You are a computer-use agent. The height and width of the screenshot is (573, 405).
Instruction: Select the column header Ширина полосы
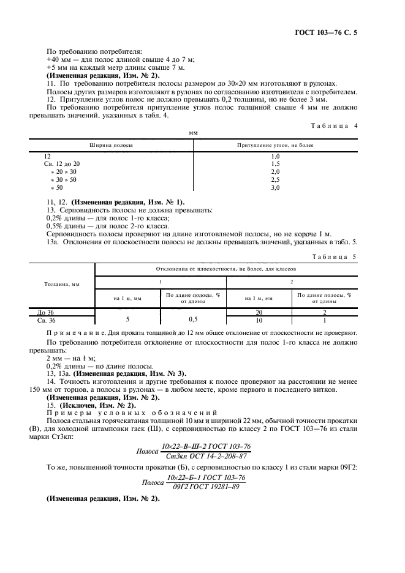tap(112, 145)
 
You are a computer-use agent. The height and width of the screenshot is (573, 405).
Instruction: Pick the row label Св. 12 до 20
tap(61, 164)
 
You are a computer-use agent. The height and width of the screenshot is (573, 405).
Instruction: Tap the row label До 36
tap(46, 312)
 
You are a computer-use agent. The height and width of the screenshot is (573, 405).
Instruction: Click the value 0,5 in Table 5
tap(192, 320)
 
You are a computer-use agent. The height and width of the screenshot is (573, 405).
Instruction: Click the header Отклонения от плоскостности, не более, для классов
tap(226, 252)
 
